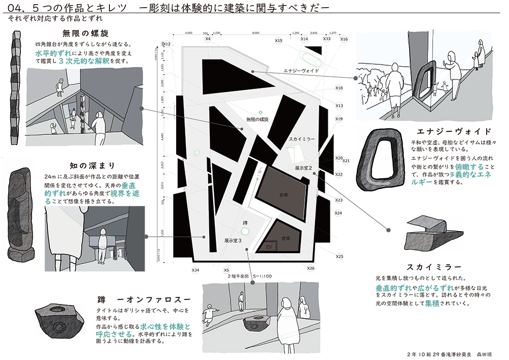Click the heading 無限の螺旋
86,34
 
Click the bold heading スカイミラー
434,266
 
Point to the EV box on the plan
271,246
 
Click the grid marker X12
166,45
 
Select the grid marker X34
195,269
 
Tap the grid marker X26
310,268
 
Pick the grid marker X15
278,40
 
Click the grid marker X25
340,256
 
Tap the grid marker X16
344,39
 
